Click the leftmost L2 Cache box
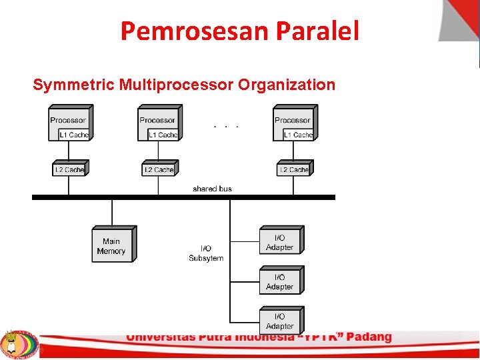(x=69, y=169)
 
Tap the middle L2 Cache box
(x=159, y=169)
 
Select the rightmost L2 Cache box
(x=294, y=169)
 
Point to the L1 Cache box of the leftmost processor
(x=73, y=135)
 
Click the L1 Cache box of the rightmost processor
(x=297, y=135)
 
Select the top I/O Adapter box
(x=280, y=242)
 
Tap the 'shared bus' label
(x=212, y=189)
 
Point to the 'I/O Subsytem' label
(x=206, y=253)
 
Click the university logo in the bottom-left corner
(x=19, y=344)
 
